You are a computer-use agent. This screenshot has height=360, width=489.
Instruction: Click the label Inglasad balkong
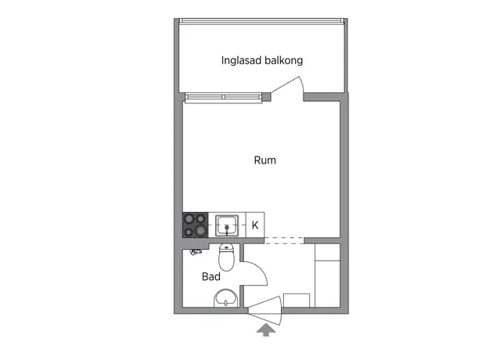(x=262, y=60)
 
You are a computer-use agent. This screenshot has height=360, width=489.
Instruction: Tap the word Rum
(x=265, y=160)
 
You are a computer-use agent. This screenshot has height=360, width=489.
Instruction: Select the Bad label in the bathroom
(x=211, y=277)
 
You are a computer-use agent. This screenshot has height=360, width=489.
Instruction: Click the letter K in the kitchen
(x=255, y=225)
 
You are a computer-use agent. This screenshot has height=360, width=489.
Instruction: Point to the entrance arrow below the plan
(x=266, y=329)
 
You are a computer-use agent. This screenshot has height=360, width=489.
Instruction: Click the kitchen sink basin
(x=227, y=225)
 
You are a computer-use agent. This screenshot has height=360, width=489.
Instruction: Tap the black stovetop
(x=196, y=225)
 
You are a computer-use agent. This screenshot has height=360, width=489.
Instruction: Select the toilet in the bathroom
(x=226, y=257)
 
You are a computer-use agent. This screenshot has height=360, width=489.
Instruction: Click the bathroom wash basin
(x=226, y=298)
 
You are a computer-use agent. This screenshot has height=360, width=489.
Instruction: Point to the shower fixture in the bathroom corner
(x=195, y=251)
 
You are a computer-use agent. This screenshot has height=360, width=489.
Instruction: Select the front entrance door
(x=266, y=311)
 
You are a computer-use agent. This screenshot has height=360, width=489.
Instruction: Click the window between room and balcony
(x=223, y=97)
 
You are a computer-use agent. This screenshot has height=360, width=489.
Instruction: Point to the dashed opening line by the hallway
(x=284, y=240)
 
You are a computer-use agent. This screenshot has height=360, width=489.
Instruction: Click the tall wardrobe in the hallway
(x=328, y=275)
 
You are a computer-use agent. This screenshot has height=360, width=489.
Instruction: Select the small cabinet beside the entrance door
(x=297, y=301)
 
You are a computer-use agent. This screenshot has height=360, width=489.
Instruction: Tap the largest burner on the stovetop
(x=200, y=231)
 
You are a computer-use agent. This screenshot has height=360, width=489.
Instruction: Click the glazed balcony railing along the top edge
(x=262, y=21)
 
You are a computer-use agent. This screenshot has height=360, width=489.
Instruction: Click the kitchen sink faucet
(x=227, y=229)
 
